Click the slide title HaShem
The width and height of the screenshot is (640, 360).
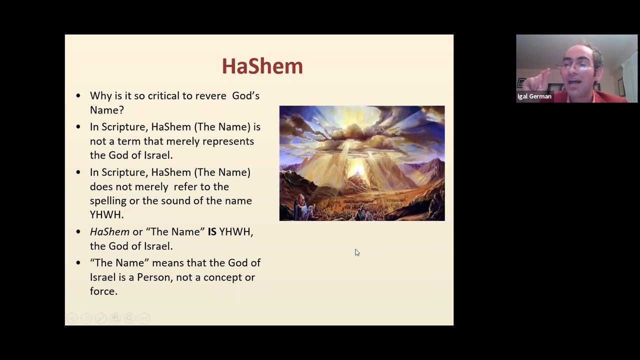[262, 66]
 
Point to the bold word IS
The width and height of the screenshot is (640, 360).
[212, 231]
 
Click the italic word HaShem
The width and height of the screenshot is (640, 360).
[109, 231]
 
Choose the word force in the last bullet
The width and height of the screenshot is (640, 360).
[102, 291]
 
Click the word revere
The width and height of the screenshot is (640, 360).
[210, 95]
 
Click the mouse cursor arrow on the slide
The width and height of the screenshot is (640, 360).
[357, 252]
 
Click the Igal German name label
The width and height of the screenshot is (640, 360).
[534, 96]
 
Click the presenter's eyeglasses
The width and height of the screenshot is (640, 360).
[575, 65]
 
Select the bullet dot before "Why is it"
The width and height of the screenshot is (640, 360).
[78, 95]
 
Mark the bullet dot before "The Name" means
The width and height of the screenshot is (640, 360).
[78, 262]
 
